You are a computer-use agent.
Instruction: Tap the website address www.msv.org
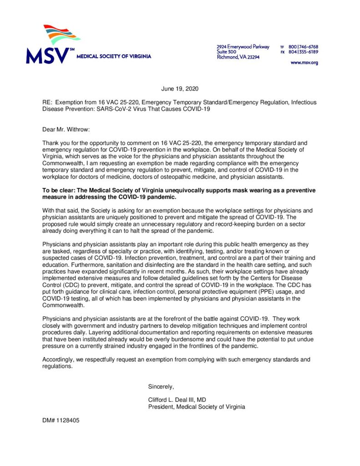(304, 62)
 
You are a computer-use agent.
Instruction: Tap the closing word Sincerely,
(161, 387)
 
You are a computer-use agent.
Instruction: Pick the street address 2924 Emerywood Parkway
(243, 47)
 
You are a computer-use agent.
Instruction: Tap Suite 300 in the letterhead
(226, 52)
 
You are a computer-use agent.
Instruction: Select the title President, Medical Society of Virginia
(196, 407)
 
